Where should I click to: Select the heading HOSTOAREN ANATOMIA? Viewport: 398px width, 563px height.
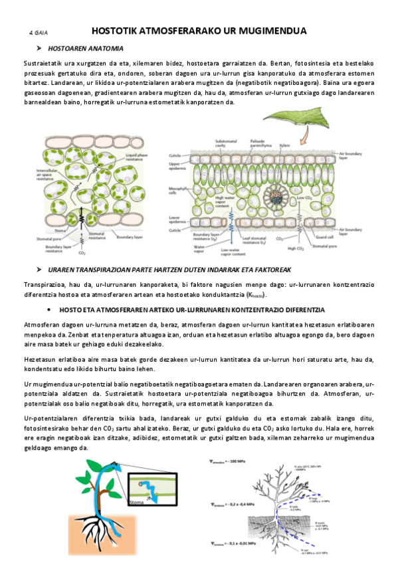[86, 48]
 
